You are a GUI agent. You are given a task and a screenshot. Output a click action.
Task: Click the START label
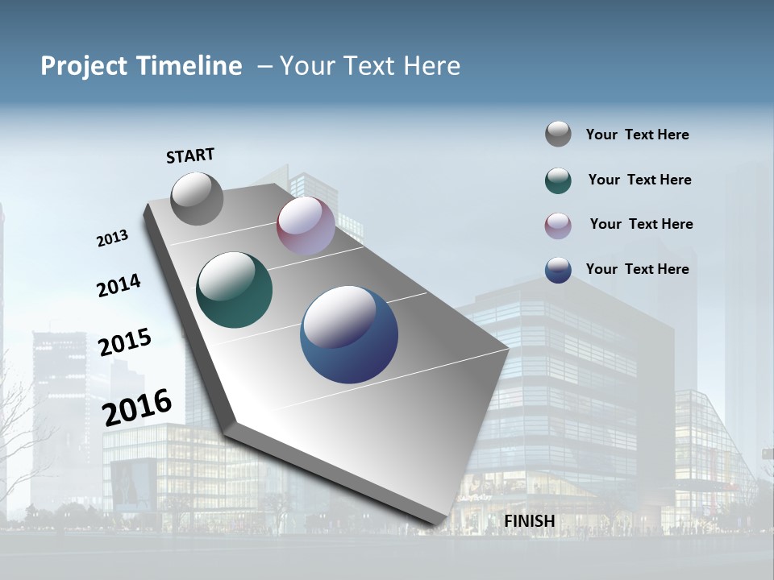point(190,155)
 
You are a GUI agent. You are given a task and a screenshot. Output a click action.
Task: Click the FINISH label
point(530,521)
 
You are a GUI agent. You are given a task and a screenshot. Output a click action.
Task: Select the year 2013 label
point(113,238)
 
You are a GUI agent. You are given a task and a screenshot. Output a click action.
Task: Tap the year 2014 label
point(119,286)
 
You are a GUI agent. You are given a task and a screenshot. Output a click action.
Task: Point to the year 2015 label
point(125,342)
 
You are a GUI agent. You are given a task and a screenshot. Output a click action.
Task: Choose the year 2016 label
point(137,407)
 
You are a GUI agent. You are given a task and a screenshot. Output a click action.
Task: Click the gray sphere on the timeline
point(197,198)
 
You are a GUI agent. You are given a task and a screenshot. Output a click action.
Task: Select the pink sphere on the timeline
point(306,226)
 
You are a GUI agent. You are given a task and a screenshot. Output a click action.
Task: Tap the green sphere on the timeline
point(234,290)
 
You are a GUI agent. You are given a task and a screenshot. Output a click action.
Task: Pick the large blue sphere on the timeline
point(349,334)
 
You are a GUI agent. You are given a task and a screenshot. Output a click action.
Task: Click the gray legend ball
point(558,134)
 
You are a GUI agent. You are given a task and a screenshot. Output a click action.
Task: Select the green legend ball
point(558,180)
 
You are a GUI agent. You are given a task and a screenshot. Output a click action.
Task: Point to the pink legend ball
point(558,226)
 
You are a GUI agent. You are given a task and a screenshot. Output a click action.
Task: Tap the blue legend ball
point(558,270)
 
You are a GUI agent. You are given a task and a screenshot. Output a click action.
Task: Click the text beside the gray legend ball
point(637,135)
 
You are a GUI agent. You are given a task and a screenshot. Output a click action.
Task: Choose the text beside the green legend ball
point(639,180)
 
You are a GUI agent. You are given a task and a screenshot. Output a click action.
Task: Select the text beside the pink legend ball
point(641,224)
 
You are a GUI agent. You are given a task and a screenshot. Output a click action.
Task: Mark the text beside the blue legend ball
point(637,269)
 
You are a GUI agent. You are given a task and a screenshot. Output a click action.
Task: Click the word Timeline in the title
point(192,66)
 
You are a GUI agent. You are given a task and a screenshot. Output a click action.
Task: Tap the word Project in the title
point(84,66)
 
